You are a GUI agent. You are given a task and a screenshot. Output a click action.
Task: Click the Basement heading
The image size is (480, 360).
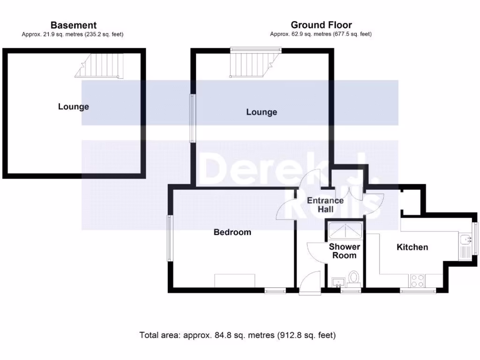74,25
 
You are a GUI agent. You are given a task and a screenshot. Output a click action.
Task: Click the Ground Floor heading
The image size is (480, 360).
321,25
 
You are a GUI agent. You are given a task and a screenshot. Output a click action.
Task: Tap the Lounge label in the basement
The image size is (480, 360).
74,107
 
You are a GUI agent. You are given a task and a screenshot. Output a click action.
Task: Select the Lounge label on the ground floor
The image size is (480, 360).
262,112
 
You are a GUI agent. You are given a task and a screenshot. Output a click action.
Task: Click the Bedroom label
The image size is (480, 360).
232,232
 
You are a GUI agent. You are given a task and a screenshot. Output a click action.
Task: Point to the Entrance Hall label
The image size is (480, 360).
325,205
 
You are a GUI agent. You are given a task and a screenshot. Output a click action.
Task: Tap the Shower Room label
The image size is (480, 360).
345,251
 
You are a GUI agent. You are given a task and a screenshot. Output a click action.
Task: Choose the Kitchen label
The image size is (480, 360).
412,247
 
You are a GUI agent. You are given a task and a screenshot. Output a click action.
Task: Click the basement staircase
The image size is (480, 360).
101,65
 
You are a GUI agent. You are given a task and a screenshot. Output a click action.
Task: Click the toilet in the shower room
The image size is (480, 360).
354,277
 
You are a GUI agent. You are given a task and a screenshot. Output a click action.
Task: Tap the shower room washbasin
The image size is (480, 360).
338,283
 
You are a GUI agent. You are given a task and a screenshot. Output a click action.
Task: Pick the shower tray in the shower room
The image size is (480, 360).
345,230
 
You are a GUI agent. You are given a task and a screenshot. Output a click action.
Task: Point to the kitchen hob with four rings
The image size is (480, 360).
417,281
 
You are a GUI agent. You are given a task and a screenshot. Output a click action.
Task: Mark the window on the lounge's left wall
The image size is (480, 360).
192,118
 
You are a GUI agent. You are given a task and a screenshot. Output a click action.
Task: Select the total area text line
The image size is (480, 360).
238,335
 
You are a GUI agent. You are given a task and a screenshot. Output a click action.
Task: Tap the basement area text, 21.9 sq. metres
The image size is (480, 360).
73,34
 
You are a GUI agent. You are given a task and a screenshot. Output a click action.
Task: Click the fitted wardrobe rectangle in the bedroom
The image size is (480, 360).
235,281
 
